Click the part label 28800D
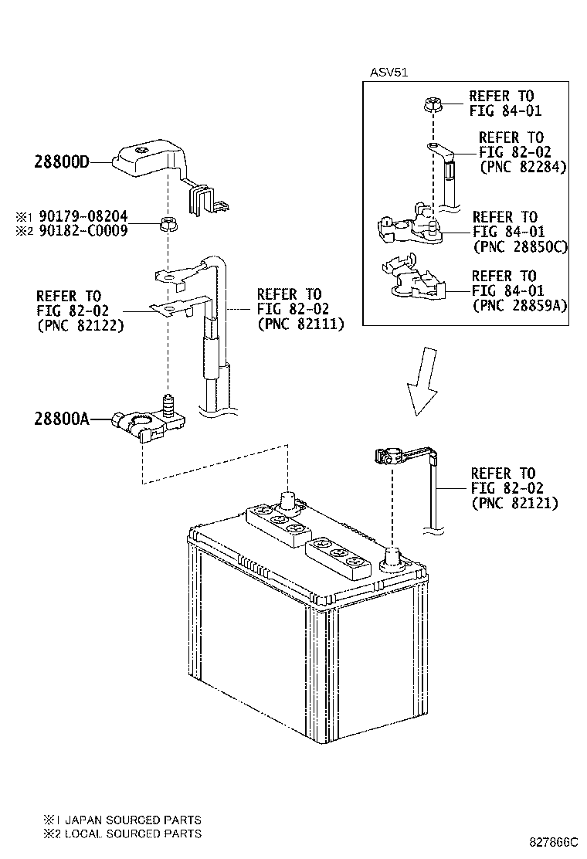tap(62, 162)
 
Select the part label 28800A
tap(62, 419)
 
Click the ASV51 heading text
tap(389, 73)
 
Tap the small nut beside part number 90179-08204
tap(166, 225)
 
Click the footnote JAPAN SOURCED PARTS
tap(131, 820)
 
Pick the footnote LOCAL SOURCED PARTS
tap(131, 834)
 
